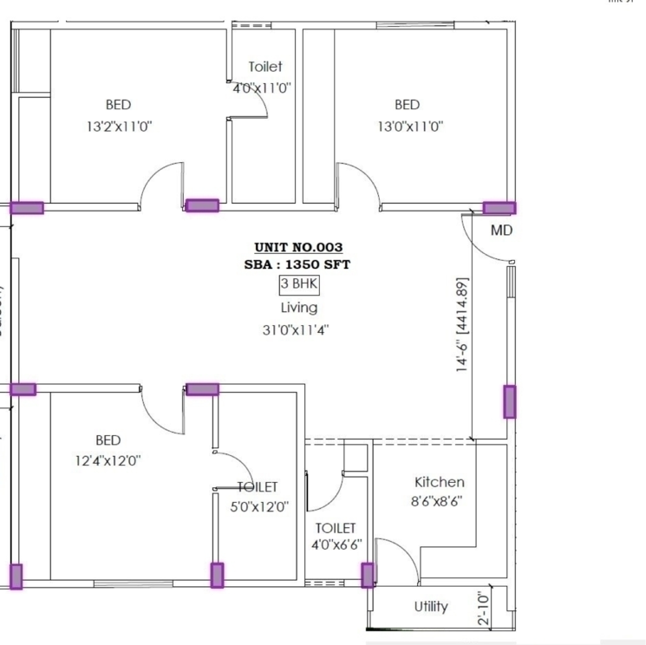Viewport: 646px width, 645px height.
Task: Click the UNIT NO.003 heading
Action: pos(298,247)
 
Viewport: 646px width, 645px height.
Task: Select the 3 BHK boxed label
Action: pos(298,284)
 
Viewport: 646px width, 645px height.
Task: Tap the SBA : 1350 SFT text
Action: pos(298,265)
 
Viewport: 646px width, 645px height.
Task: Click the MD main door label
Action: pos(501,231)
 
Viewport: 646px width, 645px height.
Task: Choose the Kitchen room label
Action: pos(439,482)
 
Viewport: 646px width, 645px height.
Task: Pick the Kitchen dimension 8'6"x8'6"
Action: pos(439,501)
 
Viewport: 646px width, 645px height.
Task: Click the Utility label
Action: pos(431,606)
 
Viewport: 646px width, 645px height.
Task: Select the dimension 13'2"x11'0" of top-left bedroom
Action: pos(120,126)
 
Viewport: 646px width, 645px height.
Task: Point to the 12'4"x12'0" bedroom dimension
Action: pos(108,460)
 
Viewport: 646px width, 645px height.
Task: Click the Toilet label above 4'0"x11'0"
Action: pos(264,67)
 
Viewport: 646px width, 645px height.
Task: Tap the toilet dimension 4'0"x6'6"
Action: pos(336,545)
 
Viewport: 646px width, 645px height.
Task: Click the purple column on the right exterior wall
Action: pos(510,401)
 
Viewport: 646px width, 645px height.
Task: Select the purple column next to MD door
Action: pos(499,208)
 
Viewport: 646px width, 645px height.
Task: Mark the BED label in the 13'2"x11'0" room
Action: pos(119,105)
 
